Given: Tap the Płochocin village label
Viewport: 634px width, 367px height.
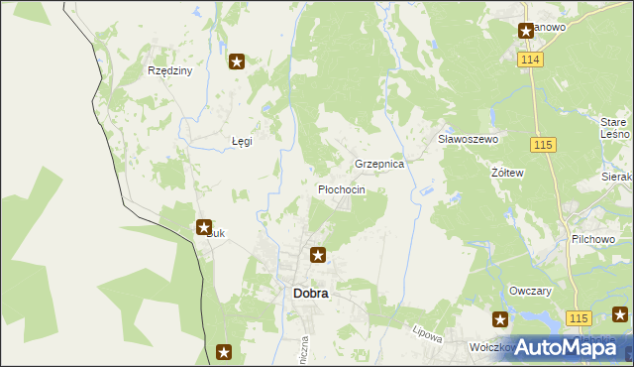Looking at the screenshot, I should point(342,188).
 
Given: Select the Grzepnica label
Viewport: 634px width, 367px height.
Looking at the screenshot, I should point(379,164).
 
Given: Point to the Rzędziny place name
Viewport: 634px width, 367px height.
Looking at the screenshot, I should point(169,71).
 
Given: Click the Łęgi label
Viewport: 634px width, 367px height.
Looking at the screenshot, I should point(242,141).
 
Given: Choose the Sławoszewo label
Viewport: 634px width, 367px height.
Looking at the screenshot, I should point(468,140).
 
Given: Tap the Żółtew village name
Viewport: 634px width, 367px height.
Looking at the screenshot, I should point(507,173).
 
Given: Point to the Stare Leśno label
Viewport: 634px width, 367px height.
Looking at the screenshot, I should point(614,126).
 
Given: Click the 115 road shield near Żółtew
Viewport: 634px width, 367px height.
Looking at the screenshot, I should point(542,145).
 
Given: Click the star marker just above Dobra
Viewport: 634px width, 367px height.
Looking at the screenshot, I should point(318,255).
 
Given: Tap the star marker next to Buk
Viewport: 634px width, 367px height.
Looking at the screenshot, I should point(204,227).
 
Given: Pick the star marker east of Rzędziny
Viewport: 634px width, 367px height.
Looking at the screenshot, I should point(237,62).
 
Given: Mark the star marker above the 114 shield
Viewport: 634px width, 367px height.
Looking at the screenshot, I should point(526,31).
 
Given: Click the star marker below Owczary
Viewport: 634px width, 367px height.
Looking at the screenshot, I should point(500,319).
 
